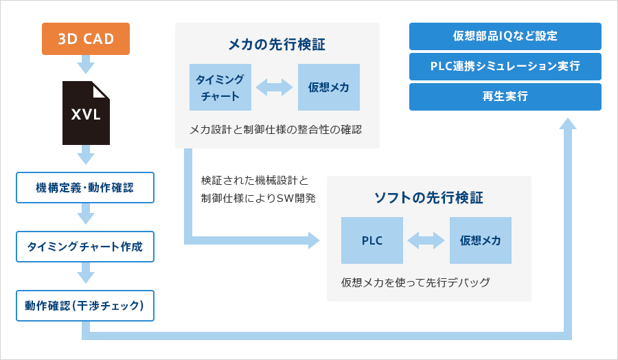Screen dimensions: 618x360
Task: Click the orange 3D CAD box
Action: coord(86,38)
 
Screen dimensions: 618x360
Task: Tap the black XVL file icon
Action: coord(86,113)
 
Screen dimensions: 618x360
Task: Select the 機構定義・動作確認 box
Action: coord(85,188)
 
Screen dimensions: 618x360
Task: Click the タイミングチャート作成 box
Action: coord(85,247)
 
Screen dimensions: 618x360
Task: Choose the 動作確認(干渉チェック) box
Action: coord(85,306)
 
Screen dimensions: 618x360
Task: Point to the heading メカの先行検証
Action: coord(277,44)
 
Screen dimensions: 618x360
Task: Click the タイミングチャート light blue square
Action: coord(220,87)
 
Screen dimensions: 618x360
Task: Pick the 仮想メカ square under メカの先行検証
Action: coord(329,87)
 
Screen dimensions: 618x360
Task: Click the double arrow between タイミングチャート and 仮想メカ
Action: coord(274,87)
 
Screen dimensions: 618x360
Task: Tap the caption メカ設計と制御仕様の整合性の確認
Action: coord(276,129)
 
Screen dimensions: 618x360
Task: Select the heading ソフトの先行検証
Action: coord(428,198)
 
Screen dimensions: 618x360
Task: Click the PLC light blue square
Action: coord(372,240)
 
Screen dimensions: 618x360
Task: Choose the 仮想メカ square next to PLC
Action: coord(481,240)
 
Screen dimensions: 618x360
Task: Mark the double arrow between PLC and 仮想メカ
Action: coord(426,240)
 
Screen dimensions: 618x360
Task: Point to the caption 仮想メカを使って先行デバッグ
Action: coord(415,282)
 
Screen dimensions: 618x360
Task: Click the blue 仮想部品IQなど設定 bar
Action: coord(505,36)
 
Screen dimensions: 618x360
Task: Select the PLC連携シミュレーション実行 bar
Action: coord(505,67)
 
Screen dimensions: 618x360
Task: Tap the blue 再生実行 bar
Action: coord(505,97)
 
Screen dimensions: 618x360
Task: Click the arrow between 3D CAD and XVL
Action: coord(86,65)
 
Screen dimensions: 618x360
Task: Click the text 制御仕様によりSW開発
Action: coord(259,198)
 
